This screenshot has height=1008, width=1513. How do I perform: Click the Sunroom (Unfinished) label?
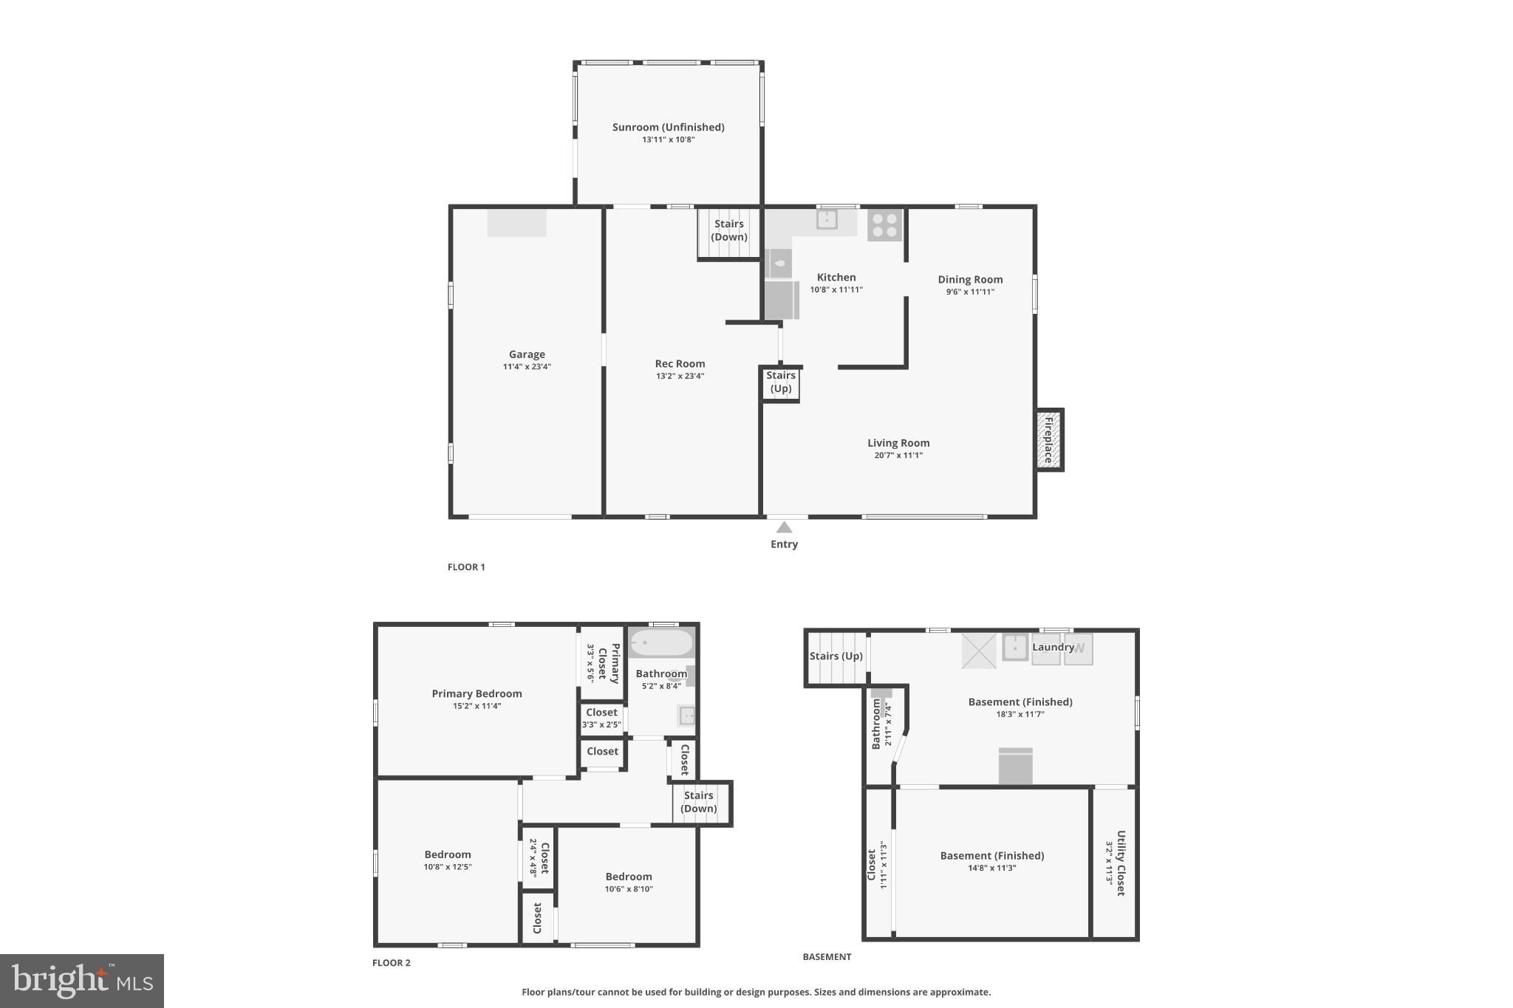pyautogui.click(x=668, y=127)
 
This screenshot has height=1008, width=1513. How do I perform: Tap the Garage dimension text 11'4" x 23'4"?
pyautogui.click(x=527, y=367)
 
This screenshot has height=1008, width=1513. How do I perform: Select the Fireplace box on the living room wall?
pyautogui.click(x=1048, y=439)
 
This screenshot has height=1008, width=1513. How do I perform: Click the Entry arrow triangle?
pyautogui.click(x=784, y=527)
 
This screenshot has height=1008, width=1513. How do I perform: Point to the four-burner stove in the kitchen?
pyautogui.click(x=884, y=224)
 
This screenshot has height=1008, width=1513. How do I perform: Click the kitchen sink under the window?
pyautogui.click(x=827, y=219)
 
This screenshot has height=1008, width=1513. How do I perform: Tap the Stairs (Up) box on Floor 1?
pyautogui.click(x=781, y=383)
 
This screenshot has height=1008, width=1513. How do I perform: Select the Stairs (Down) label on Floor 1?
pyautogui.click(x=729, y=230)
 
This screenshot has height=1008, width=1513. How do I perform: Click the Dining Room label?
pyautogui.click(x=970, y=279)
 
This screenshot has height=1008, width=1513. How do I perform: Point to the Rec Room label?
pyautogui.click(x=680, y=363)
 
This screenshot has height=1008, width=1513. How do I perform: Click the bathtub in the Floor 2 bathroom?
pyautogui.click(x=661, y=642)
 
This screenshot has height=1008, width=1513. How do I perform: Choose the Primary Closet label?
pyautogui.click(x=608, y=662)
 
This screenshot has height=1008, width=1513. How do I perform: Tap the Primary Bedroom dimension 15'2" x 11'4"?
pyautogui.click(x=477, y=706)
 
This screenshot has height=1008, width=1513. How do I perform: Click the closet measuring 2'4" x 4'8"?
pyautogui.click(x=539, y=858)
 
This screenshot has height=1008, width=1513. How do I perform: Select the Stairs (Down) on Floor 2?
pyautogui.click(x=699, y=802)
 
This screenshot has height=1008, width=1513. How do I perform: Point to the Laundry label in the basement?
pyautogui.click(x=1053, y=647)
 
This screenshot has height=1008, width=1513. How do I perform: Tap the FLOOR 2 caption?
pyautogui.click(x=392, y=963)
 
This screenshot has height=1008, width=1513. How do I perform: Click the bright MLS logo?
pyautogui.click(x=82, y=981)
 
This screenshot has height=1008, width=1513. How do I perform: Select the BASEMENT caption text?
pyautogui.click(x=827, y=957)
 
